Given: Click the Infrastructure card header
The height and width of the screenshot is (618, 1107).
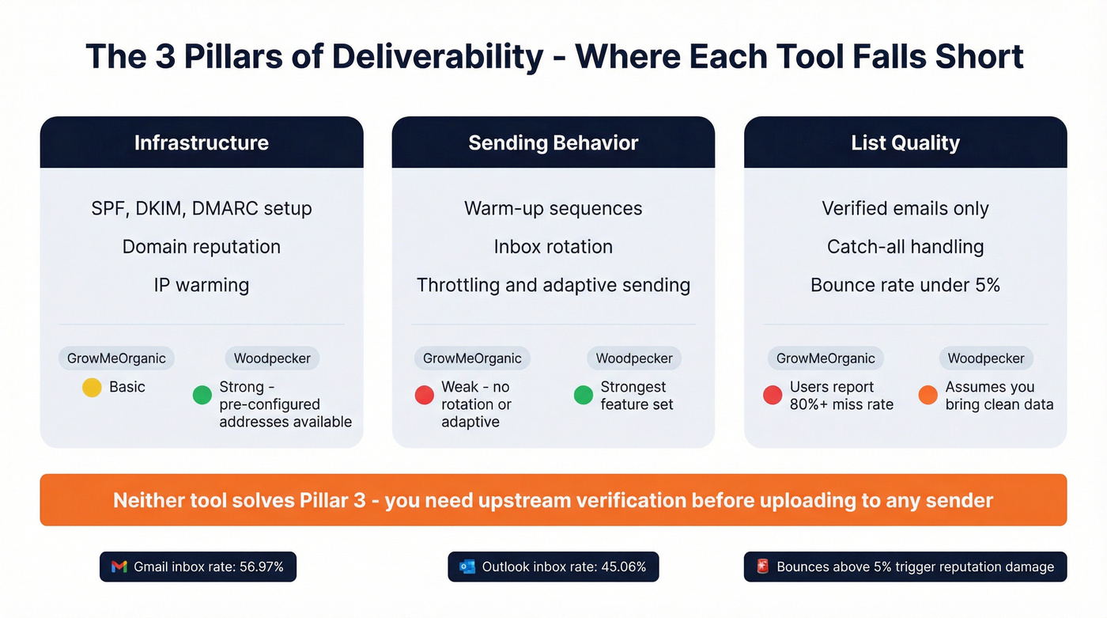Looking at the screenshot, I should (202, 142).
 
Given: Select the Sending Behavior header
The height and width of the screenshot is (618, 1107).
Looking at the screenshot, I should (553, 142).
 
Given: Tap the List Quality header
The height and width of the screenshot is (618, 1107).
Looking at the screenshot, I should (905, 142).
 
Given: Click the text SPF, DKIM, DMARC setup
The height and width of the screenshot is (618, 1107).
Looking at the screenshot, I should (202, 208).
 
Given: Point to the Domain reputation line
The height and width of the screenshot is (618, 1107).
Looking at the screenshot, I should (202, 246).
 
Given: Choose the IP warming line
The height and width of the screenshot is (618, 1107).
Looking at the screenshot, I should (202, 285).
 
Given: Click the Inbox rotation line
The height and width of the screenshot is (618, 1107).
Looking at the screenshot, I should (553, 246).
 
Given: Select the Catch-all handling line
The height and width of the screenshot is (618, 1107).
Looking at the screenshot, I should (905, 246).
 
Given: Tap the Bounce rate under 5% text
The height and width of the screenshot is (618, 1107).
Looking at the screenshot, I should (905, 285).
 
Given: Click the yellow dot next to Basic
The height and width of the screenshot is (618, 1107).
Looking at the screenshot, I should (92, 388).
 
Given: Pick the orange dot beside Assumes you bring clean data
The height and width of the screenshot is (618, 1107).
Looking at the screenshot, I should (928, 395).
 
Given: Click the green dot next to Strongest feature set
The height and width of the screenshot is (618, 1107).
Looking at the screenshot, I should (584, 395).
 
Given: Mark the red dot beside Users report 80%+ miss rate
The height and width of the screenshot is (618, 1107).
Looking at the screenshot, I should (773, 395).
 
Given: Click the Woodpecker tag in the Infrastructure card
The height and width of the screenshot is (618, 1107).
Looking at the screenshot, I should (272, 358).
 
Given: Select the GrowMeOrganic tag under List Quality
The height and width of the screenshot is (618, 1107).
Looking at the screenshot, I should (826, 358).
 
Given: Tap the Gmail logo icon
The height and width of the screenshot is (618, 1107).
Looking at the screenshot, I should (119, 567).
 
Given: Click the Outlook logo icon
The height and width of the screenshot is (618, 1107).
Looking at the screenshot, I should (467, 567).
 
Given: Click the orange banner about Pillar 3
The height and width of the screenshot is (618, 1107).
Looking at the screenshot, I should (553, 500).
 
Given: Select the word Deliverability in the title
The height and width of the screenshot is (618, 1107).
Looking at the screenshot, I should (437, 57).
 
